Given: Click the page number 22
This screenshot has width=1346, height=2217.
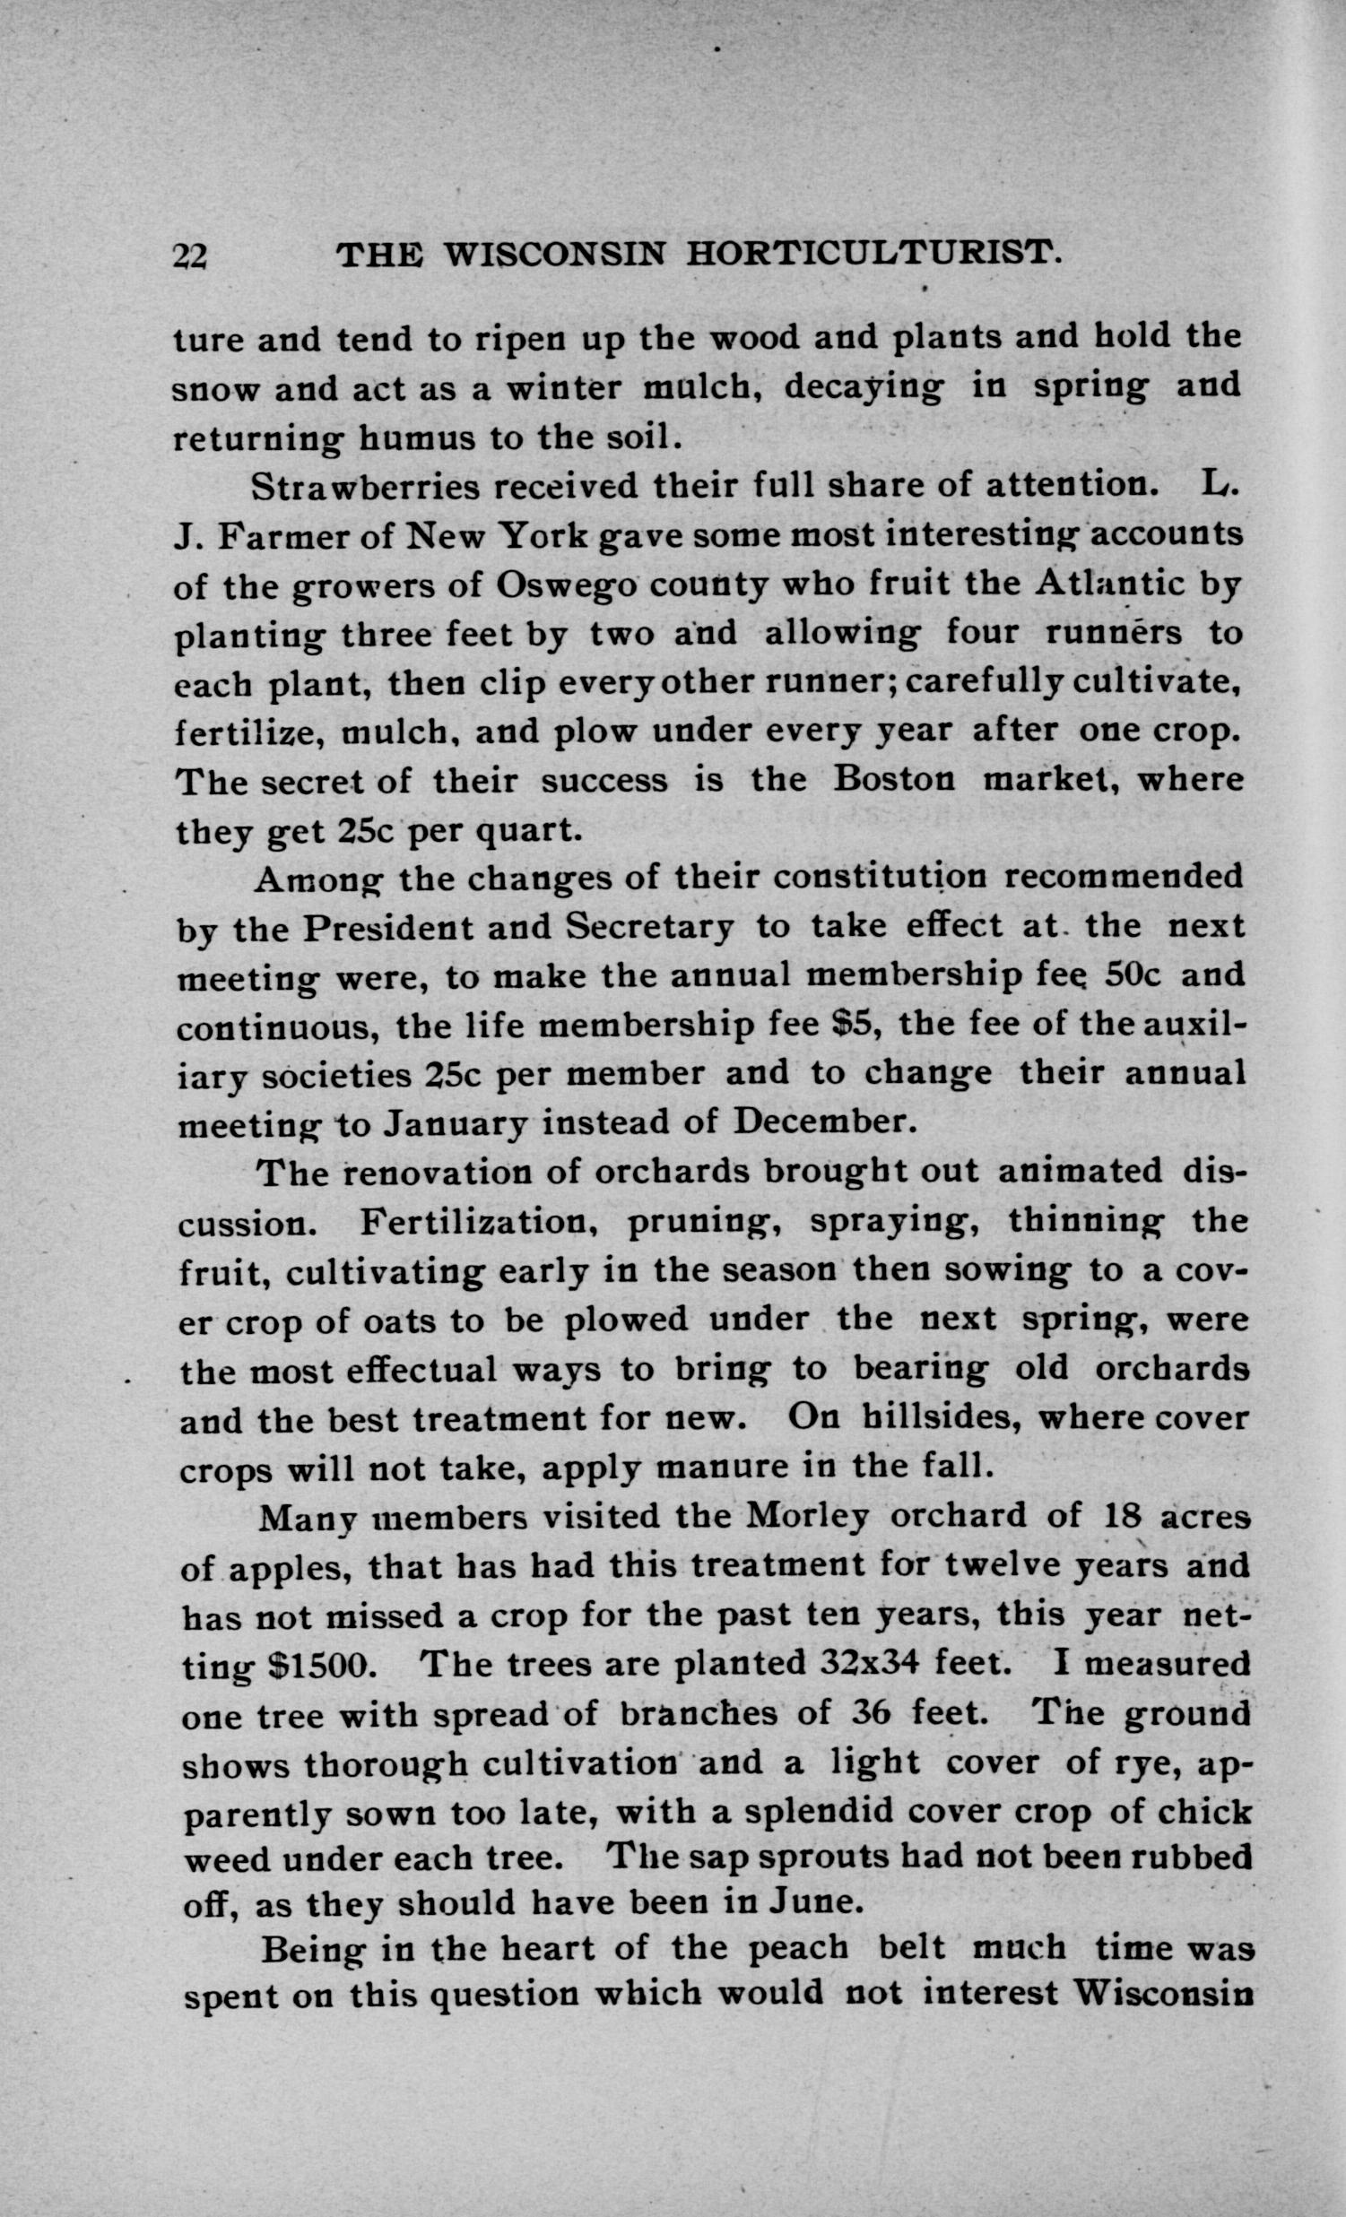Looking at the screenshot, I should (190, 257).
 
